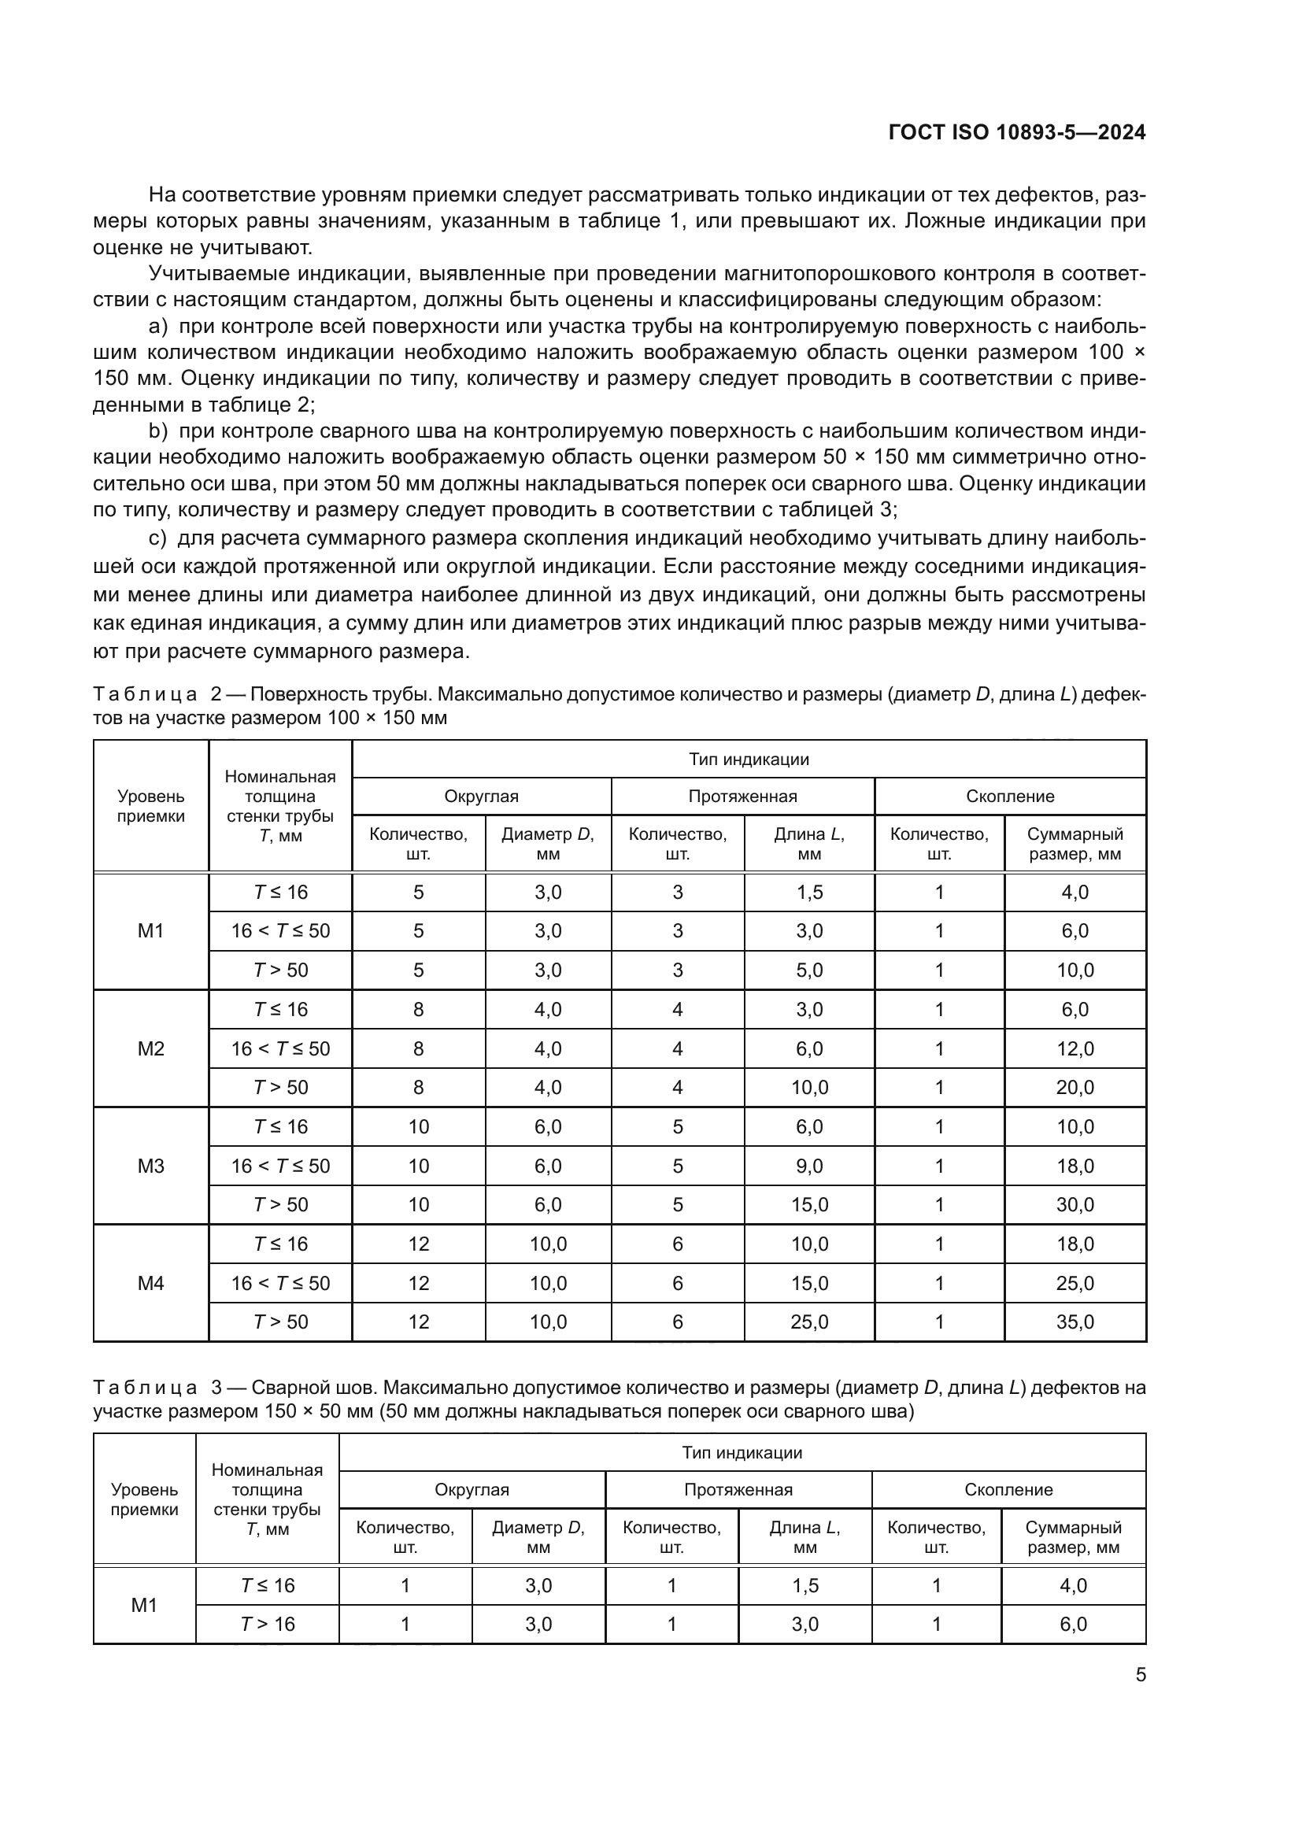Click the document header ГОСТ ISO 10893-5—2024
coord(1016,132)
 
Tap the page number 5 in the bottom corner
coord(1140,1674)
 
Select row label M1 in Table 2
coord(150,931)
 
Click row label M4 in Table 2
coord(150,1283)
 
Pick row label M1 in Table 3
coord(144,1604)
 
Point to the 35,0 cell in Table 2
coord(1075,1322)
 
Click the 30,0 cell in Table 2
coord(1075,1204)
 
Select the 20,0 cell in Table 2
coord(1075,1087)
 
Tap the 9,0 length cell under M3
coord(809,1166)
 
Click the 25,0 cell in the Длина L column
coord(809,1322)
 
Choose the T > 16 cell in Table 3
coord(268,1624)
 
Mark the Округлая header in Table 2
coord(481,797)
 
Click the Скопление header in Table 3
coord(1008,1490)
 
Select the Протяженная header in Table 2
coord(742,797)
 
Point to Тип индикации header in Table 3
coord(742,1452)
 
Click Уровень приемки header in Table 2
coord(150,806)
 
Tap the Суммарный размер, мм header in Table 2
coord(1075,844)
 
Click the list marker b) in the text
coord(158,431)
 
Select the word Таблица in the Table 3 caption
coord(145,1387)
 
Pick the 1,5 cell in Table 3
coord(805,1585)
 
